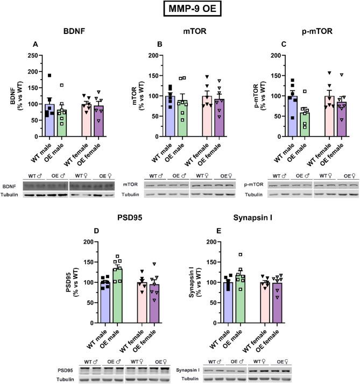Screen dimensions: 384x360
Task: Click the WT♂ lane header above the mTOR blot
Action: (157, 176)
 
